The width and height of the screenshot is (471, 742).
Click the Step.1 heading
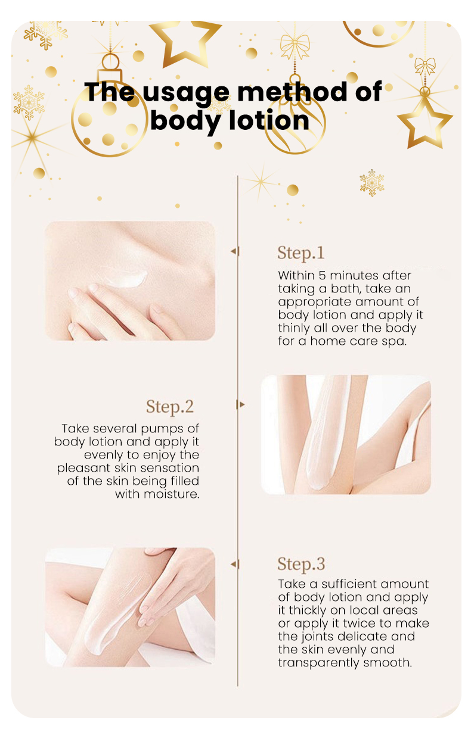300,254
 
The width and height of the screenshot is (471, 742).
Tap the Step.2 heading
170,407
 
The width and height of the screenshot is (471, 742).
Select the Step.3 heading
301,564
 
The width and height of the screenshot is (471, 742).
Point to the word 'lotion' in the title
269,120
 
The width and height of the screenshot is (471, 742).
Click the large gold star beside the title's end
424,123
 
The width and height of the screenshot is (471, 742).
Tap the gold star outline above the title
185,42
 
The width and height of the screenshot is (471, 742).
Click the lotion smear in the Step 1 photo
126,279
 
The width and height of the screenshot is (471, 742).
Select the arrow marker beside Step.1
235,251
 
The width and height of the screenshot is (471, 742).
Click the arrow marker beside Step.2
240,404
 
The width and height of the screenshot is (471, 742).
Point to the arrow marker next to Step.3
235,564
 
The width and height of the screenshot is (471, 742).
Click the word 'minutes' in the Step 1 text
354,276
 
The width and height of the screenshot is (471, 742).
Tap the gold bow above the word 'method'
295,46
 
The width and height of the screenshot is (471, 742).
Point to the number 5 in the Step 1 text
322,276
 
